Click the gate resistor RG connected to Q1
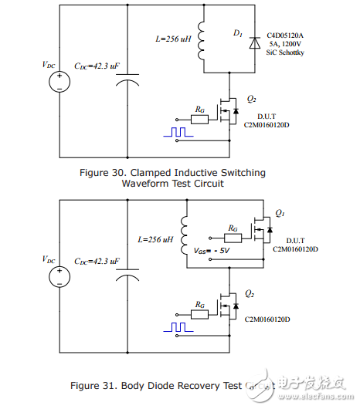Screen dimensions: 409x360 (x=233, y=228)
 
